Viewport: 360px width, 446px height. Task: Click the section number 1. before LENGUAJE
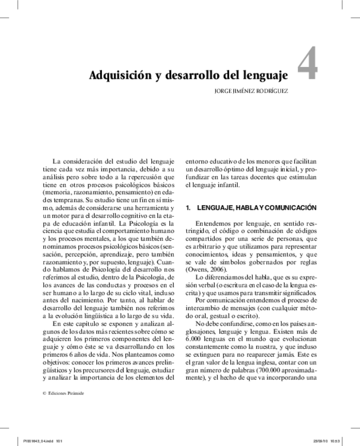point(189,208)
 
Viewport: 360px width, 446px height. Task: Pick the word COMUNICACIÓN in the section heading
point(292,208)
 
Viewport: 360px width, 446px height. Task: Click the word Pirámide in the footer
point(75,393)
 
